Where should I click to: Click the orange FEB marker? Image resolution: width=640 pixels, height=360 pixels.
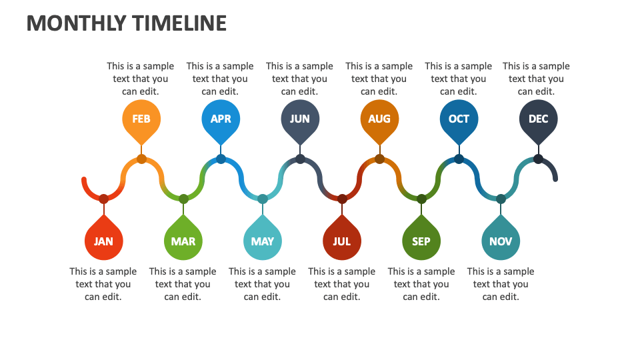pos(141,119)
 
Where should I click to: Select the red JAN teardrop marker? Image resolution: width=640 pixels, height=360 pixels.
pos(103,241)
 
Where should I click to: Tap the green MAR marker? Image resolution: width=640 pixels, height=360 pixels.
pos(183,241)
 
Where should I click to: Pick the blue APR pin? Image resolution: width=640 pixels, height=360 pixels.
pos(221,119)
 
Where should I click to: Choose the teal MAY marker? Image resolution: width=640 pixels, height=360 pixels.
pos(263,241)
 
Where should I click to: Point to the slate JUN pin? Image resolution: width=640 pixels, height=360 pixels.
pos(300,119)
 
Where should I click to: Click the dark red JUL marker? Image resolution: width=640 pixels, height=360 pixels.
pos(342,241)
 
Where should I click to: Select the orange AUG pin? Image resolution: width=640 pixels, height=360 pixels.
pos(379,119)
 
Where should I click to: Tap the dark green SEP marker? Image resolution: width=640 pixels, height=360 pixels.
pos(421,241)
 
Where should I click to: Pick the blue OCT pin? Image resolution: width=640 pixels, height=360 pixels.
pos(459,119)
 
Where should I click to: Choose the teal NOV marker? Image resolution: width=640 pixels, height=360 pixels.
pos(501,241)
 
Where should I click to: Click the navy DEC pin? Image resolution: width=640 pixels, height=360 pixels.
pos(538,119)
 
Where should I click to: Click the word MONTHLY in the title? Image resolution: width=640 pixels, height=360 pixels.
pos(75,23)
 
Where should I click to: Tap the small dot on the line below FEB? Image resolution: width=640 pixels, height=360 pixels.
pos(141,159)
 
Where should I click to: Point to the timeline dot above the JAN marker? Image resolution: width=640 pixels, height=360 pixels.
pos(103,199)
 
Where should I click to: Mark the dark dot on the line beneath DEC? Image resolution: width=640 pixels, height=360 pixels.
pos(538,159)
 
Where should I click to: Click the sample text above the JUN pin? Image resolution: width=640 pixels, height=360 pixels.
pos(299,79)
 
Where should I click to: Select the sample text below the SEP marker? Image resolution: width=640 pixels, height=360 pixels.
pos(421,284)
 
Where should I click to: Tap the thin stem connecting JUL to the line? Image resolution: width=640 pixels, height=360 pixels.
pos(342,209)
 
